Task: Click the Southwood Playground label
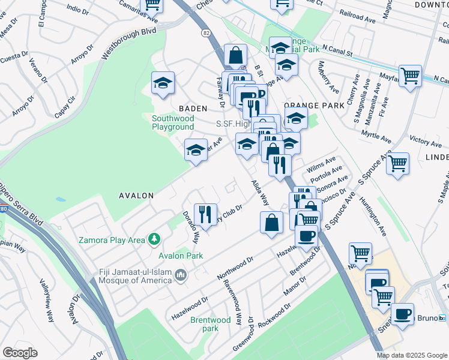172,123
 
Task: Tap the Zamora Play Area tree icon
155,239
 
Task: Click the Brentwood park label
210,324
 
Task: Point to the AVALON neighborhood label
136,196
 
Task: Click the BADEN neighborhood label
193,109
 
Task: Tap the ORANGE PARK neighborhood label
315,105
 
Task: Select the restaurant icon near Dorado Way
206,214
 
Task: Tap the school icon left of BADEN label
162,85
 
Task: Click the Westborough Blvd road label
124,43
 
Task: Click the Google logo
20,353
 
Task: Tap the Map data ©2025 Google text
411,355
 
